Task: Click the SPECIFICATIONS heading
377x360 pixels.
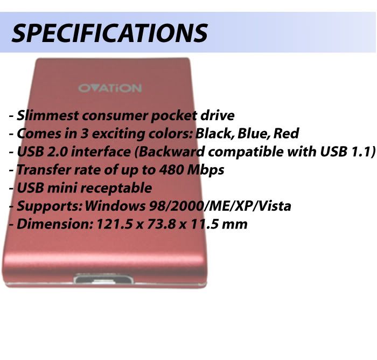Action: [x=110, y=33]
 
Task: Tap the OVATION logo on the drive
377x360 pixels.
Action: [x=110, y=88]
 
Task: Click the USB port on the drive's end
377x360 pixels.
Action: [x=103, y=279]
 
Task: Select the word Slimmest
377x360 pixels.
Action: [x=47, y=115]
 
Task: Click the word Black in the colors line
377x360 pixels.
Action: [x=214, y=134]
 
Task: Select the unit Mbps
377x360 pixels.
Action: [x=206, y=170]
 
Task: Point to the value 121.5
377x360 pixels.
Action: [x=114, y=224]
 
